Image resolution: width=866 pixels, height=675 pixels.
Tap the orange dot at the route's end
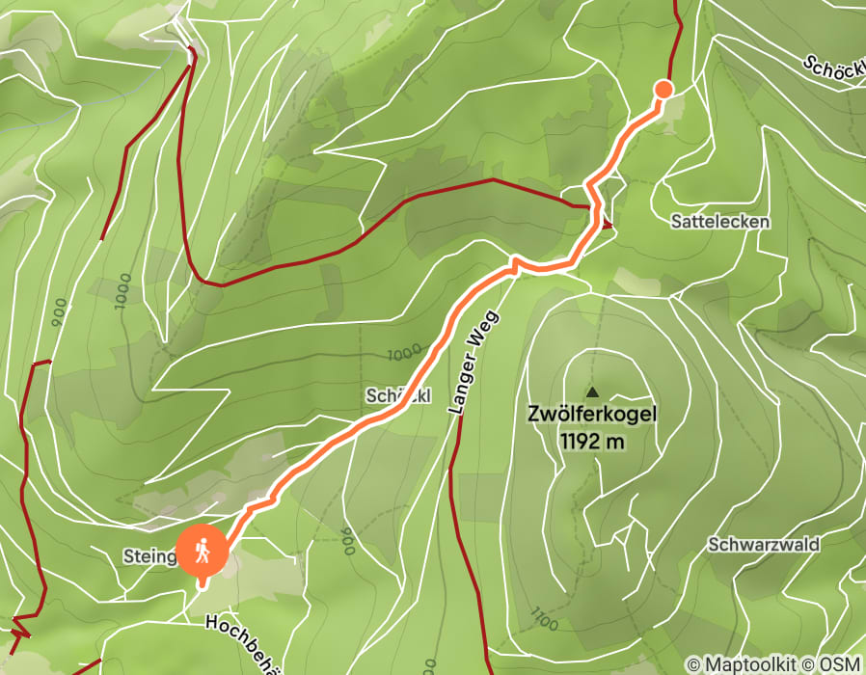point(663,90)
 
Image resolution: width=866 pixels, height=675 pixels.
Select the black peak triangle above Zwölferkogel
point(592,392)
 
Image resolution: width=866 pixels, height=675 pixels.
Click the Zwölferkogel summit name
point(592,415)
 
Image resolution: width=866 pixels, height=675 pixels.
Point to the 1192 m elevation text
point(592,442)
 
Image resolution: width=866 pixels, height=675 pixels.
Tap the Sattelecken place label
point(720,222)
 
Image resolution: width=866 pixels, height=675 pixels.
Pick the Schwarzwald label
point(764,544)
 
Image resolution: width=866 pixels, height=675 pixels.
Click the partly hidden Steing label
point(149,556)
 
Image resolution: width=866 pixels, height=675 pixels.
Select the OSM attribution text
point(840,663)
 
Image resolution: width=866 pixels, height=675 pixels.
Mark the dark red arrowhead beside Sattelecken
point(606,225)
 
